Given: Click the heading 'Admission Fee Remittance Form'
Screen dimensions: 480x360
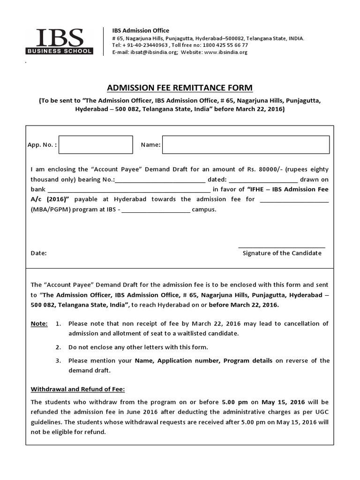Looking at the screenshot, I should (180, 88).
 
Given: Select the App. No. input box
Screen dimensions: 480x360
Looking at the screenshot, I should (96, 145).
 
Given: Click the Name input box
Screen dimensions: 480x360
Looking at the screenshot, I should (246, 145).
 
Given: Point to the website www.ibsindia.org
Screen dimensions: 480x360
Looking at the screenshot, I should (225, 52).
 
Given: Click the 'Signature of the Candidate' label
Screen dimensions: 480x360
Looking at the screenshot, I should (282, 253).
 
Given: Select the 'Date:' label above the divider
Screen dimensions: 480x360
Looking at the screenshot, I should (38, 253).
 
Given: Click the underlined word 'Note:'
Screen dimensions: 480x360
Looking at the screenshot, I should (39, 324).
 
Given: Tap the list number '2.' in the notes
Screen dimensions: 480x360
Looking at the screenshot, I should (58, 347).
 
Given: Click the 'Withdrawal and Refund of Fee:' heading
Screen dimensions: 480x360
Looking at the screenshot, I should (78, 389).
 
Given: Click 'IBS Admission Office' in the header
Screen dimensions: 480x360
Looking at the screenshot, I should (141, 30).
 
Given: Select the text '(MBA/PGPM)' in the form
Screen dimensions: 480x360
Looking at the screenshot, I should (47, 210).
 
